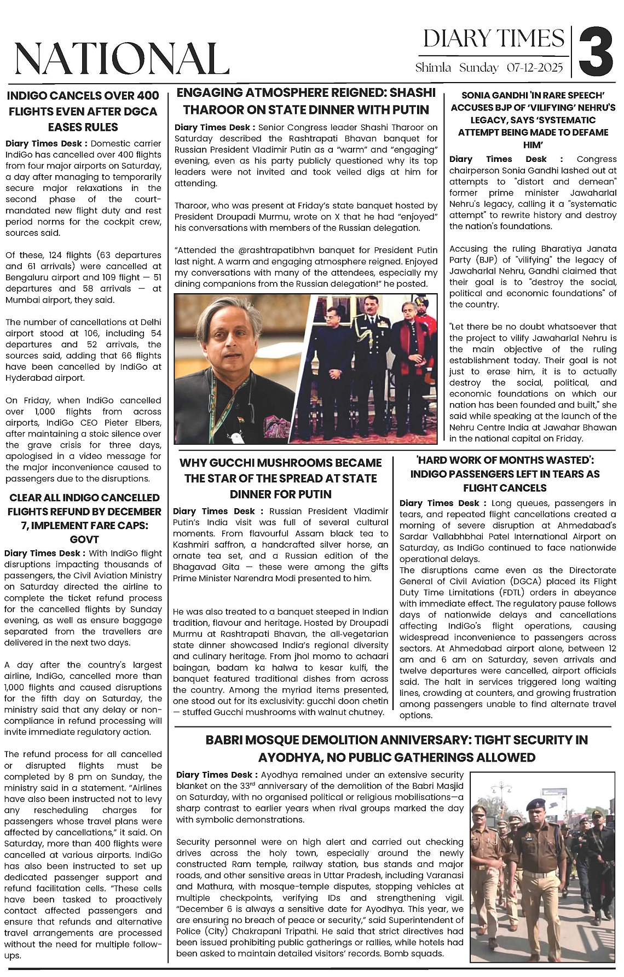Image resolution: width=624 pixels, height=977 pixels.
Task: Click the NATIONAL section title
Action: pyautogui.click(x=122, y=59)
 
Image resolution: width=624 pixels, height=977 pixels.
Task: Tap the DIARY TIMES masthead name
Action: pyautogui.click(x=493, y=39)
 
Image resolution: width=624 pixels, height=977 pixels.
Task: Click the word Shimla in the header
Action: pyautogui.click(x=433, y=68)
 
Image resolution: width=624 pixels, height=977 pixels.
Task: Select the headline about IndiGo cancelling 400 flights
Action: pyautogui.click(x=83, y=111)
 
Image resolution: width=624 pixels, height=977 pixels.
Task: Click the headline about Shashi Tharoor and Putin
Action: pyautogui.click(x=306, y=101)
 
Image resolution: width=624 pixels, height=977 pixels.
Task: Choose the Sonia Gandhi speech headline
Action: pyautogui.click(x=533, y=120)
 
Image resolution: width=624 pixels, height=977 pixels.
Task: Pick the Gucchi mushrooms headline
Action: pyautogui.click(x=281, y=478)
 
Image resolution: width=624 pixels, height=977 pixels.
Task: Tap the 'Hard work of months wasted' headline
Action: pyautogui.click(x=505, y=474)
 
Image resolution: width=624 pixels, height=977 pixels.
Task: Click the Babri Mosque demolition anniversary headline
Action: pyautogui.click(x=397, y=748)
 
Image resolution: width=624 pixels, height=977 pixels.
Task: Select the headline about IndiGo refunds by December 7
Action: pyautogui.click(x=84, y=518)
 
